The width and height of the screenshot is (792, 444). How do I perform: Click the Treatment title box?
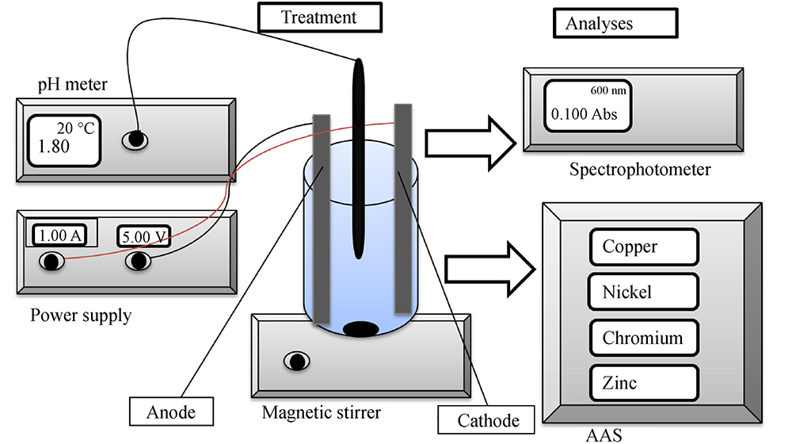pyautogui.click(x=320, y=17)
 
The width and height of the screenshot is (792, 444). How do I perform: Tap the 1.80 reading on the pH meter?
pyautogui.click(x=50, y=146)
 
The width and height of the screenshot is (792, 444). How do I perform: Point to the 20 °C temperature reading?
pyautogui.click(x=75, y=128)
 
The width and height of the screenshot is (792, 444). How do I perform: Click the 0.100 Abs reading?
pyautogui.click(x=584, y=113)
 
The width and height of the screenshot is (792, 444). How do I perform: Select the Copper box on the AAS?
pyautogui.click(x=644, y=247)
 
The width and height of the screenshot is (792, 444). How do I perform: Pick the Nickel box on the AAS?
pyautogui.click(x=644, y=293)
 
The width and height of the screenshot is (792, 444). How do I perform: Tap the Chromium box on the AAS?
pyautogui.click(x=644, y=338)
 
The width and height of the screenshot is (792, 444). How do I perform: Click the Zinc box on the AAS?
pyautogui.click(x=644, y=383)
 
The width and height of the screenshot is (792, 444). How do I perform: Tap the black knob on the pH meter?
pyautogui.click(x=135, y=140)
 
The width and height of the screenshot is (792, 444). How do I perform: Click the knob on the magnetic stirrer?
pyautogui.click(x=297, y=361)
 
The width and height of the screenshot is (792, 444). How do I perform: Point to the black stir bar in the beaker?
pyautogui.click(x=360, y=327)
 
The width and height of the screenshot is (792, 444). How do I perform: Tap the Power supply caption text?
pyautogui.click(x=81, y=316)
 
